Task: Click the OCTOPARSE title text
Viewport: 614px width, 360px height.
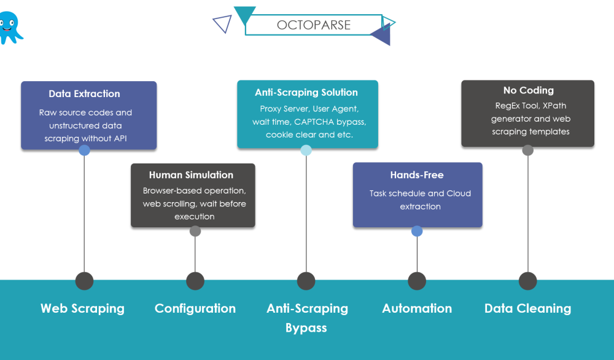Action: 314,25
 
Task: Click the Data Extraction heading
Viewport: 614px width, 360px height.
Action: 84,94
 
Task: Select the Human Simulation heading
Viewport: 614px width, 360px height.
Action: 191,175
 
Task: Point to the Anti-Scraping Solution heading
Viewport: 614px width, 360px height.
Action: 306,93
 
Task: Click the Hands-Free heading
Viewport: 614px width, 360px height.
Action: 417,175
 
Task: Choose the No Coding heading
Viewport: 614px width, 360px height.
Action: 528,90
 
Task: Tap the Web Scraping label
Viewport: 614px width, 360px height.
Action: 82,308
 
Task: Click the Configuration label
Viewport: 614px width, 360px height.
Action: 195,308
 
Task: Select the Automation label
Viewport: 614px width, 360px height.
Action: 417,308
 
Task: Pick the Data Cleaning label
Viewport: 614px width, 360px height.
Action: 528,308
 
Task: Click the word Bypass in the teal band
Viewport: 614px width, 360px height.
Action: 306,327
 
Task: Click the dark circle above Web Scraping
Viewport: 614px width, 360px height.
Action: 84,281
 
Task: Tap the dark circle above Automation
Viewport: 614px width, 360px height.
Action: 417,281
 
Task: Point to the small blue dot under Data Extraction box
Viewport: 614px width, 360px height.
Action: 85,150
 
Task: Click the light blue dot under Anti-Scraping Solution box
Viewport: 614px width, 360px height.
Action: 306,150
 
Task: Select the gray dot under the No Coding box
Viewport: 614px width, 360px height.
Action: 527,150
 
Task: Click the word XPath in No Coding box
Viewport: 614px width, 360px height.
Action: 554,106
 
